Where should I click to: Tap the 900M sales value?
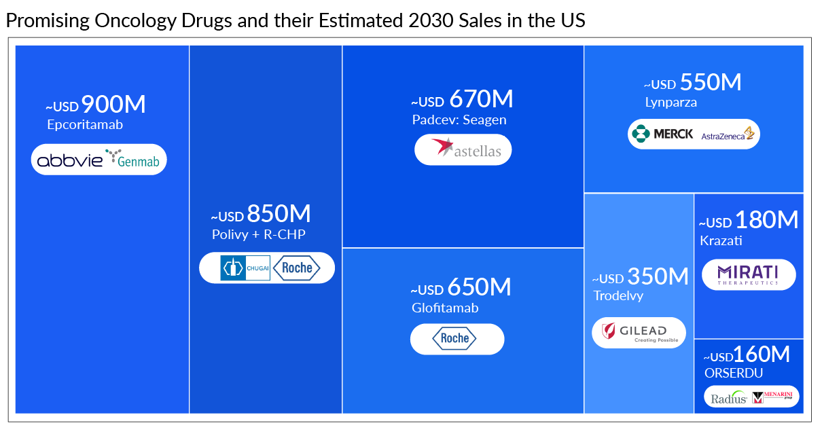[x=113, y=105]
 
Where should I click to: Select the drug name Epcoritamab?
[x=85, y=125]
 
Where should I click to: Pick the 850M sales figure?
[x=279, y=214]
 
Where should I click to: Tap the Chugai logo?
[x=245, y=268]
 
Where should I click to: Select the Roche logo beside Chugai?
[x=297, y=268]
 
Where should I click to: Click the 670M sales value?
[x=480, y=99]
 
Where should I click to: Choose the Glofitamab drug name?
[x=445, y=308]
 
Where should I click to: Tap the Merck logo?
[x=662, y=134]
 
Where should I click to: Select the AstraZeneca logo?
[x=728, y=134]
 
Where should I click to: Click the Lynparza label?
[x=671, y=103]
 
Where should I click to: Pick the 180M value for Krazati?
[x=767, y=220]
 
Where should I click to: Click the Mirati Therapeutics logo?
[x=748, y=274]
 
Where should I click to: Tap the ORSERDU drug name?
[x=734, y=373]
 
